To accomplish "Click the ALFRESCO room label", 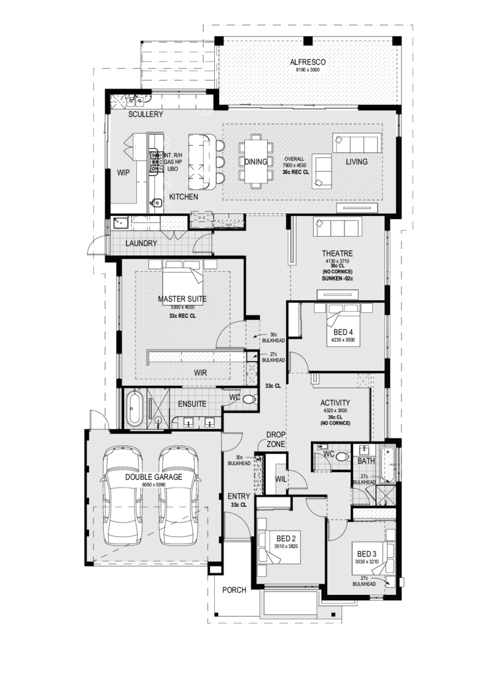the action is point(308,62).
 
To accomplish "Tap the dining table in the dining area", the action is point(255,162).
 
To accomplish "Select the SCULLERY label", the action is point(146,114).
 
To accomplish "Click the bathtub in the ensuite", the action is point(133,408).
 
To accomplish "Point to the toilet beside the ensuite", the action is point(247,399).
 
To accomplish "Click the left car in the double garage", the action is point(123,496).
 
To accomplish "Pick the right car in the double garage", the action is point(179,496).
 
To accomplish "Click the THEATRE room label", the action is point(337,253).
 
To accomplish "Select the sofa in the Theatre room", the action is point(338,226).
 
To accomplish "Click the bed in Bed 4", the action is point(342,327).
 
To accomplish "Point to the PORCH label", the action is point(235,590).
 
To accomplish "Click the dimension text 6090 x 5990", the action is point(154,485).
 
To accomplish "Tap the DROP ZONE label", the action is point(276,439).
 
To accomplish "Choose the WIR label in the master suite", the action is point(200,373).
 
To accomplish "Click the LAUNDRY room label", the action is point(141,244).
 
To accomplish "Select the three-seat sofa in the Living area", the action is point(357,143).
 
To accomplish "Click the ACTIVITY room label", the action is point(335,403).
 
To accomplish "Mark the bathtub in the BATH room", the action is point(387,464).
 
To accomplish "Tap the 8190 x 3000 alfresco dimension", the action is point(308,69).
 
